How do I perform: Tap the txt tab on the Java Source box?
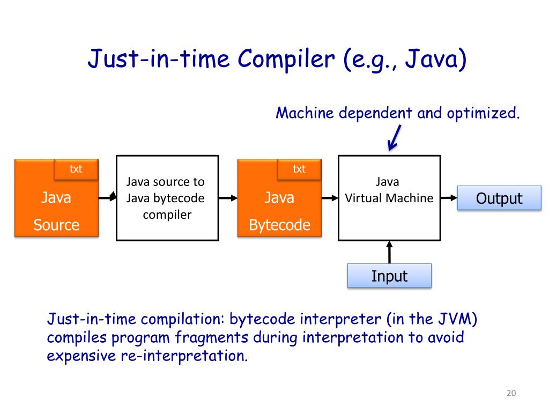pos(76,169)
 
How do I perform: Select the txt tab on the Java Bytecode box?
pos(299,169)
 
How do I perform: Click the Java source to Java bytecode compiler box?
pos(167,198)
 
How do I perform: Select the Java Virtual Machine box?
pos(389,198)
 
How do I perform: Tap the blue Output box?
pos(499,198)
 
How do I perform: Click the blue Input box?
pos(389,276)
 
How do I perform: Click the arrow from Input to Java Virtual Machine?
pos(389,252)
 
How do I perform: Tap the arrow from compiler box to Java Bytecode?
pos(228,198)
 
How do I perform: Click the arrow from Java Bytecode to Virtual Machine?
pos(329,198)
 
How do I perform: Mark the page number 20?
pos(510,394)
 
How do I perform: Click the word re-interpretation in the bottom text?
pos(183,356)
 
